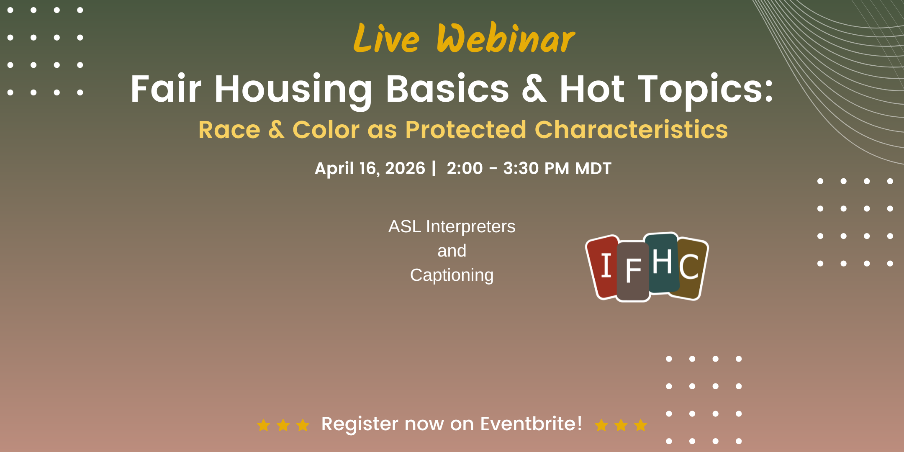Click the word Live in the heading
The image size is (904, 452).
click(386, 39)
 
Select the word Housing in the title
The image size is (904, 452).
click(293, 90)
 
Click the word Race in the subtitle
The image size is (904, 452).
click(229, 130)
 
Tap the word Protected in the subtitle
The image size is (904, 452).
click(465, 129)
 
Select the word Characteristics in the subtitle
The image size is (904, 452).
click(631, 129)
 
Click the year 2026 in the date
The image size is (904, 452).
click(405, 168)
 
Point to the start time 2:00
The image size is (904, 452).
click(465, 168)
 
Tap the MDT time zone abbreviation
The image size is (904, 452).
click(593, 169)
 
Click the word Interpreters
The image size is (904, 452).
click(470, 227)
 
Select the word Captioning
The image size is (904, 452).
click(452, 275)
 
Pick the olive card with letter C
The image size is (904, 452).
click(691, 268)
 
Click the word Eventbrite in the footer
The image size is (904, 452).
click(531, 424)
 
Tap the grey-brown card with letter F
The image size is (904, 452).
click(633, 271)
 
